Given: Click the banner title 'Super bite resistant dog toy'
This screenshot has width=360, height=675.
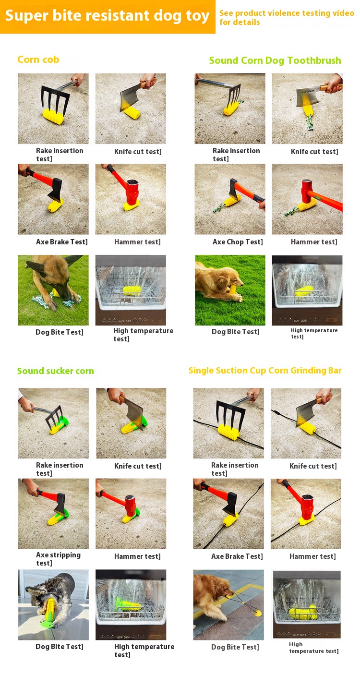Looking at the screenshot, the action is [x=107, y=16].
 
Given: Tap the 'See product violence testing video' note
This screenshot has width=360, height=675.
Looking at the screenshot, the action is [x=287, y=13].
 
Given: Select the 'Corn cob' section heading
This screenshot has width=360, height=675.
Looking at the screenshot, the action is [x=38, y=60].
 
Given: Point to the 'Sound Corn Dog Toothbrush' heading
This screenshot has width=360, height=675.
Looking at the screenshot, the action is [x=275, y=60].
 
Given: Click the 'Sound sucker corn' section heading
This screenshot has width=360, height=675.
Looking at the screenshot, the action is [x=55, y=371].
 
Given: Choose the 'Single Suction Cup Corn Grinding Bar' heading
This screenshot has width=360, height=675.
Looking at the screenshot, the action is [x=265, y=371].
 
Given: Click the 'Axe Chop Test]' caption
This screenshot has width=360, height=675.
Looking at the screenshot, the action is [x=238, y=242].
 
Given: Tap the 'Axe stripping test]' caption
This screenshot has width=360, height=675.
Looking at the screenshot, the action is [x=58, y=559].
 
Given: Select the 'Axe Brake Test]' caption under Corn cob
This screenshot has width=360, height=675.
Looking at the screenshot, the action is [x=62, y=242].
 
